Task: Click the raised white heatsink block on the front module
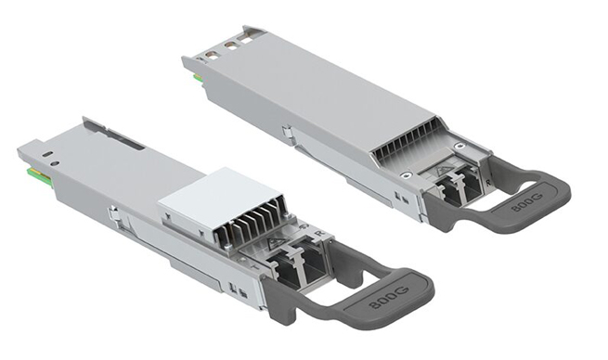(206, 197)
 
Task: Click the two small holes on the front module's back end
(52, 159)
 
